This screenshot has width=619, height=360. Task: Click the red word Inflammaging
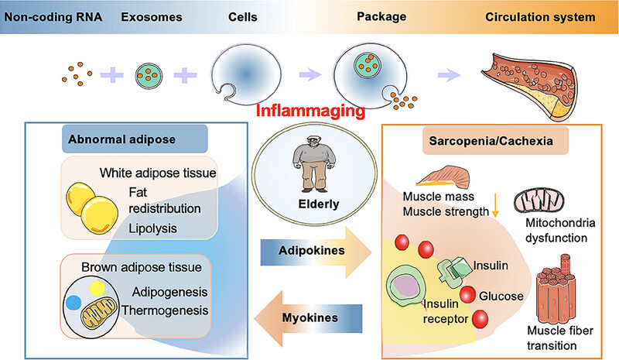(310, 111)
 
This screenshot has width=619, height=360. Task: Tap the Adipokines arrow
(316, 252)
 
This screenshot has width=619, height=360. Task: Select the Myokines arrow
(308, 318)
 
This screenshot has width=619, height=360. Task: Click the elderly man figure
(314, 163)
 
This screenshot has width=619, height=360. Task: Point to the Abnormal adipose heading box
(135, 139)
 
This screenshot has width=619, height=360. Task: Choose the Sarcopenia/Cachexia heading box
(495, 141)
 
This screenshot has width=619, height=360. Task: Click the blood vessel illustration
(530, 86)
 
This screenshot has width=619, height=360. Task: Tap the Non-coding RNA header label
(53, 17)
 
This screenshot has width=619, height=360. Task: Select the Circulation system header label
(540, 17)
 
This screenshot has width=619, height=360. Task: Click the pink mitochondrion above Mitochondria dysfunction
(539, 201)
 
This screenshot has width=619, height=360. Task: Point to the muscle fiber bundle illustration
(556, 290)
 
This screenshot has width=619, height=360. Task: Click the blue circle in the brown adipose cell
(74, 303)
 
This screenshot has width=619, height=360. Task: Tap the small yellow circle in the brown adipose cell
(97, 289)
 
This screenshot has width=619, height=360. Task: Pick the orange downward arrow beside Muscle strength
(495, 205)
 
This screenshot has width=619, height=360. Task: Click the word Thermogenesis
(165, 310)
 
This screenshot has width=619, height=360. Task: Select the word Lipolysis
(152, 228)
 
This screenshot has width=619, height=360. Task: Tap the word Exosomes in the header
(152, 17)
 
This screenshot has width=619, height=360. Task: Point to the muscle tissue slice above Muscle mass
(443, 177)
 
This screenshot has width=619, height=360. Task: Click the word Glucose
(501, 296)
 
